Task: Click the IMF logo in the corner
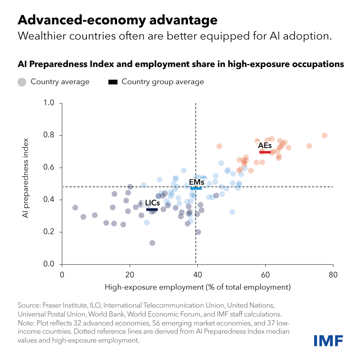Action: (328, 340)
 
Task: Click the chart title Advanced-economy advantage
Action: (117, 20)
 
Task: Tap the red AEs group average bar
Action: (265, 152)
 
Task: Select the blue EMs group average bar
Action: (196, 188)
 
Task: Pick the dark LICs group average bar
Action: (152, 210)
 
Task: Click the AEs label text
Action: (265, 146)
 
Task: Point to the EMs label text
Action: (196, 182)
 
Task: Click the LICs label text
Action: (152, 203)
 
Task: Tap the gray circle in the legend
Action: (22, 82)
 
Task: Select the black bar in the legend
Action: (113, 82)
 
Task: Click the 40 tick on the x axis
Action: (197, 274)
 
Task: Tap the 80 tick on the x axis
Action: (333, 274)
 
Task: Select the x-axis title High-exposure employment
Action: (197, 287)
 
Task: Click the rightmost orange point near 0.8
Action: (324, 136)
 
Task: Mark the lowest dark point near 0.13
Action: (152, 243)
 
